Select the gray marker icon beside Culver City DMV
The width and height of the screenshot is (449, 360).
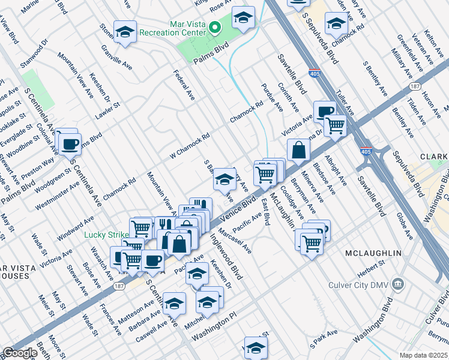(x=397, y=283)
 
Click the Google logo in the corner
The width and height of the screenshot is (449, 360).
(x=20, y=353)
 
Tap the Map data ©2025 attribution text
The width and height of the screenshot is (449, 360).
(x=423, y=355)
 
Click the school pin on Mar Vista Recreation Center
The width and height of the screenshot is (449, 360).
(x=243, y=19)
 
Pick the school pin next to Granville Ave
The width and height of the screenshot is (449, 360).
(x=125, y=32)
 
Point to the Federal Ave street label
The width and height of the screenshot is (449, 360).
(x=184, y=85)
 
